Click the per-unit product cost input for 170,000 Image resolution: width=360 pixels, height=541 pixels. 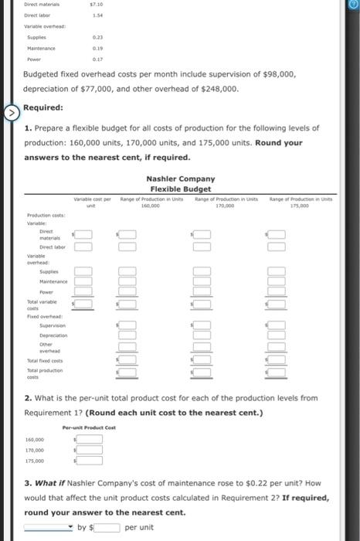tap(90, 450)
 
